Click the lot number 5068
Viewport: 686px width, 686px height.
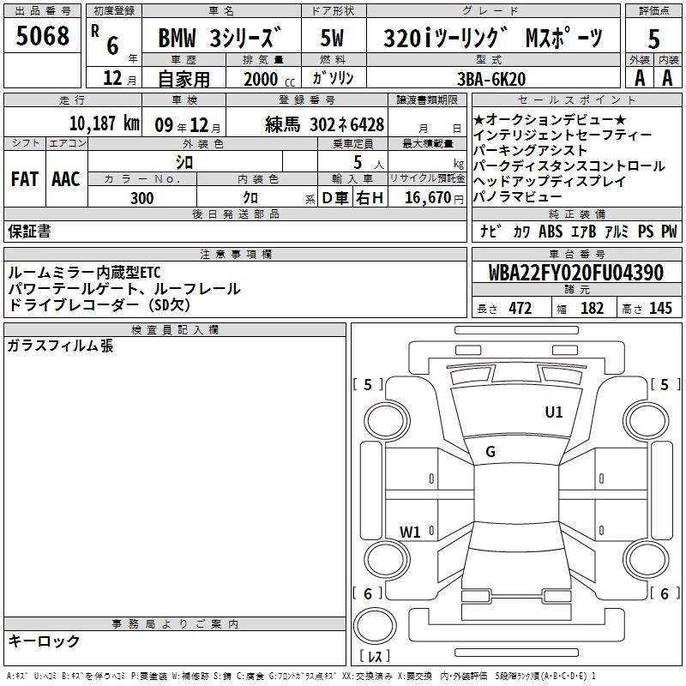coord(42,35)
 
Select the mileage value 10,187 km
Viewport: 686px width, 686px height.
coord(104,123)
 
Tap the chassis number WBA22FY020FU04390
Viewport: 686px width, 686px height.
coord(575,272)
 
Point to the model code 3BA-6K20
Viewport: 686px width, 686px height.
coord(491,79)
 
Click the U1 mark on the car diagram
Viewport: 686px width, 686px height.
coord(553,412)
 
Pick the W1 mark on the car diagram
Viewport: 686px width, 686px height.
coord(410,532)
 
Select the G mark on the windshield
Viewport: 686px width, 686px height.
coord(490,452)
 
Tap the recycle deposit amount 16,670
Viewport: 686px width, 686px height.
coord(427,198)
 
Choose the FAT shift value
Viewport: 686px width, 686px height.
coord(25,179)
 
